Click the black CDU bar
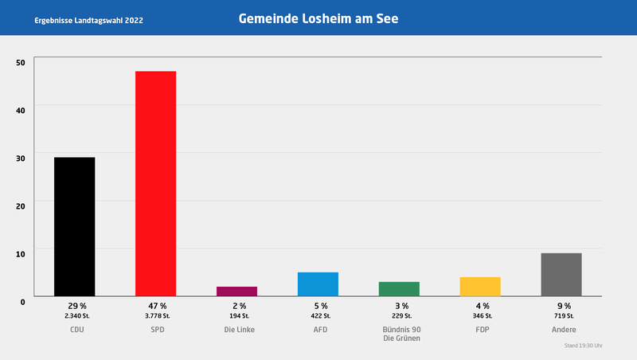tap(74, 227)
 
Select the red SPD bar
tap(155, 184)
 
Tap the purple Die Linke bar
tap(236, 292)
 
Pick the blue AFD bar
tap(318, 284)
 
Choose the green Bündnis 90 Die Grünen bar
tap(399, 289)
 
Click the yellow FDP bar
tap(480, 287)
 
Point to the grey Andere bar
tap(561, 275)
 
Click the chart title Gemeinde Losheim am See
tap(318, 18)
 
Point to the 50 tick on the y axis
tap(20, 62)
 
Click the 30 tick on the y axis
tap(20, 158)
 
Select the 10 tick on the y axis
tap(20, 252)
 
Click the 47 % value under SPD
tap(157, 306)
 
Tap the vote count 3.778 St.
tap(157, 316)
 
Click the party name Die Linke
tap(238, 329)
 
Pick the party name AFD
tap(318, 329)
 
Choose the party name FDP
tap(482, 329)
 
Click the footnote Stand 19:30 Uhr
tap(584, 346)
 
